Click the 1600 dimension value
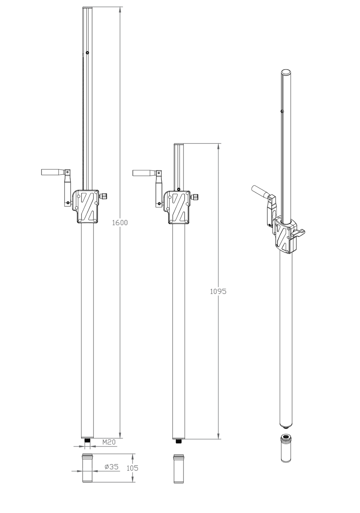(x=120, y=222)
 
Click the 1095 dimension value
(x=218, y=291)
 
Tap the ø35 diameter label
(x=111, y=467)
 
